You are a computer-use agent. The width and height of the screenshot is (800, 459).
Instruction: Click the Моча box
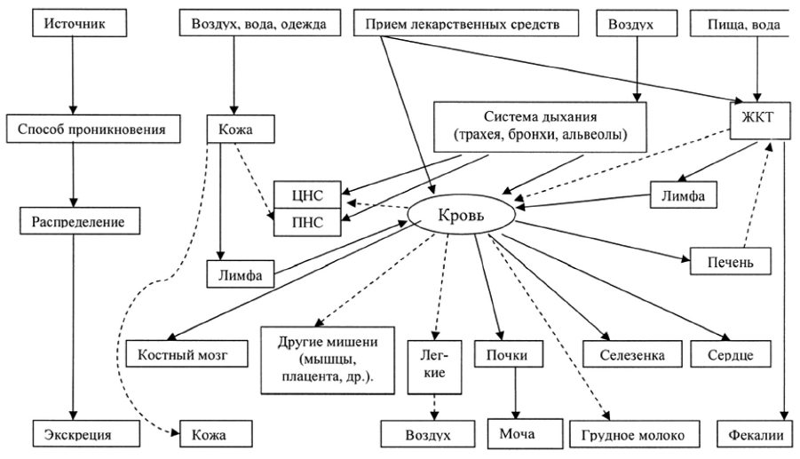pos(516,433)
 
